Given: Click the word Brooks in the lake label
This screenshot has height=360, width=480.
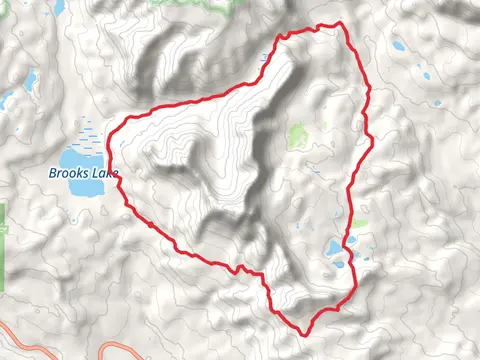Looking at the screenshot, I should tap(68, 173).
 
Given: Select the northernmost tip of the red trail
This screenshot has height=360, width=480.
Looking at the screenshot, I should tap(340, 22).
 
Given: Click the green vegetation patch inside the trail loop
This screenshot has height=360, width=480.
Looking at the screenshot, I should tap(297, 135).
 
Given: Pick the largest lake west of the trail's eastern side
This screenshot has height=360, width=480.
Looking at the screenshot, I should tap(332, 248).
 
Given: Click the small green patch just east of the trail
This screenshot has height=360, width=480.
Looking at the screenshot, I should tap(358, 224).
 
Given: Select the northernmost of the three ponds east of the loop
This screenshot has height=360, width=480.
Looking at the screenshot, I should tap(400, 45).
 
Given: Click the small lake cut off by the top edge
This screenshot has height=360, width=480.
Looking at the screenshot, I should tap(57, 6).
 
